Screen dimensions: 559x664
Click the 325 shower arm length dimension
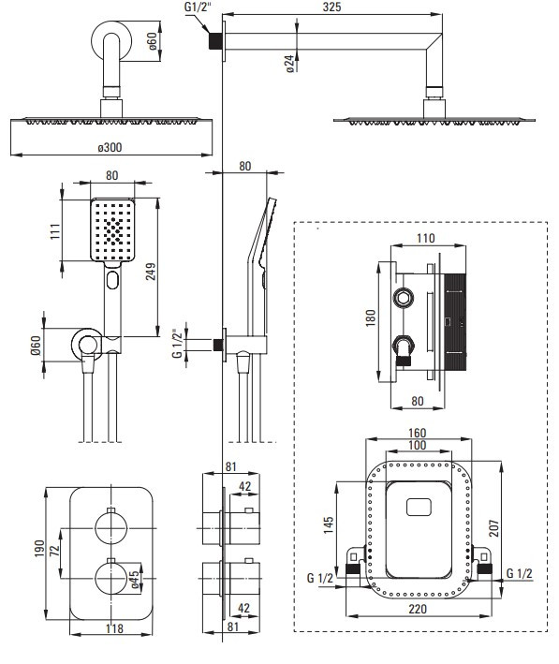[331, 7]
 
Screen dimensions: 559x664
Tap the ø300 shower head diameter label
[110, 147]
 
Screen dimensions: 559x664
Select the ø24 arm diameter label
[290, 64]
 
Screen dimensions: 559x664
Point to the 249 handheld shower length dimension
[151, 271]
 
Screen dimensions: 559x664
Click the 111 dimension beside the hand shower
[55, 231]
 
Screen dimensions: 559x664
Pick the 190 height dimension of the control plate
[39, 548]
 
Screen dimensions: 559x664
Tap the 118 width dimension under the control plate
[114, 628]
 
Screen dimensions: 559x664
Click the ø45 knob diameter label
[134, 580]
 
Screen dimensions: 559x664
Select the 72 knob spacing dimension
[54, 551]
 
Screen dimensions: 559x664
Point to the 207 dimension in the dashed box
[494, 528]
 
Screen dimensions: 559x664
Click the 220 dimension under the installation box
[418, 609]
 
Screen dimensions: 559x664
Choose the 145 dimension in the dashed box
[329, 524]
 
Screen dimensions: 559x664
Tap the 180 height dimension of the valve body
[371, 317]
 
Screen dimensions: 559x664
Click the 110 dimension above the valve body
[425, 238]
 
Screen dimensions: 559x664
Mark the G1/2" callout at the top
[198, 7]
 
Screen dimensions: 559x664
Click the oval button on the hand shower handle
[112, 280]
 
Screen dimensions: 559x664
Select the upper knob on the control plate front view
[110, 528]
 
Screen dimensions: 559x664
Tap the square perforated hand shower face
[112, 229]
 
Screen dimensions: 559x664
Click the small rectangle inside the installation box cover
[419, 508]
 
